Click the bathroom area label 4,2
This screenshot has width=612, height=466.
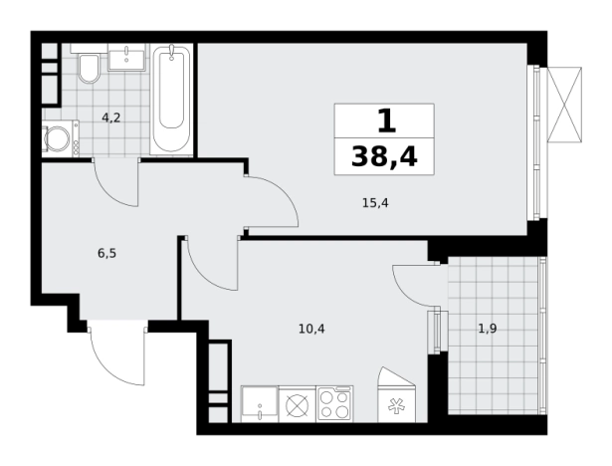[x=111, y=117]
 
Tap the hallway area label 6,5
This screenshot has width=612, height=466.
[x=106, y=254]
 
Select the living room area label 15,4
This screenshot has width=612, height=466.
[x=375, y=203]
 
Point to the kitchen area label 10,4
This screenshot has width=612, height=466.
[x=311, y=330]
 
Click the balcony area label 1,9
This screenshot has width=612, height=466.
[x=488, y=329]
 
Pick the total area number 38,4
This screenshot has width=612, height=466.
[x=384, y=157]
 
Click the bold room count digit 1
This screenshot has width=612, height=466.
[x=387, y=120]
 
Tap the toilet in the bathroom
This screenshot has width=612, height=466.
[x=90, y=69]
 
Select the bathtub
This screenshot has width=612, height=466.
[x=171, y=100]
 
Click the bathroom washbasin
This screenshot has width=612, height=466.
[x=126, y=57]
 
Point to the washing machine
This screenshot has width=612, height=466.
[x=61, y=138]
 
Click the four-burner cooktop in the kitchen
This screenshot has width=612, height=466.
[x=335, y=404]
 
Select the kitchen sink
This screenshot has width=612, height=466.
[x=260, y=404]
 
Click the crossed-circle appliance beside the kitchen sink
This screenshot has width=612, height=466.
[x=298, y=404]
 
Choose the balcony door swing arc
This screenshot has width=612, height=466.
[x=407, y=293]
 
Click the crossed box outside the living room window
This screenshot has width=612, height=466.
[x=564, y=104]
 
